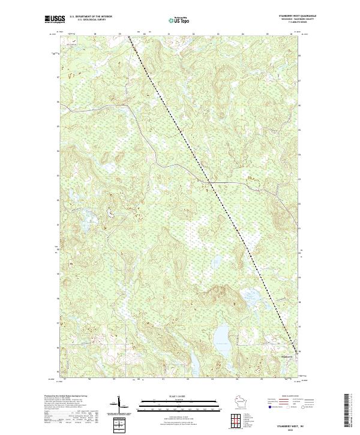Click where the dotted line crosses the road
tap(207, 180)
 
